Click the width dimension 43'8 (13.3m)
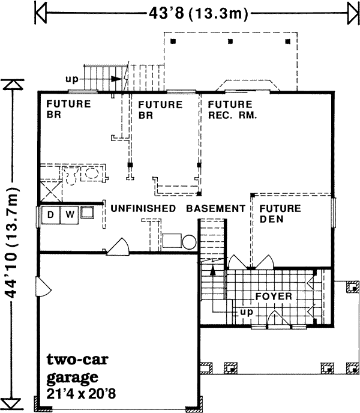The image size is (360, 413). click(195, 13)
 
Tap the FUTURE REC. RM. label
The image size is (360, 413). click(232, 109)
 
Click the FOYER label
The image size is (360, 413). click(274, 297)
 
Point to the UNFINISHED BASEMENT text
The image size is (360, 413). click(176, 208)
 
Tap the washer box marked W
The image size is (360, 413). click(70, 214)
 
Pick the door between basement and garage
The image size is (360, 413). click(118, 247)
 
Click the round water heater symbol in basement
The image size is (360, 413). click(189, 242)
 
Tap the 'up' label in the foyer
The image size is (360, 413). click(246, 313)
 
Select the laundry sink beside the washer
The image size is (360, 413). click(88, 213)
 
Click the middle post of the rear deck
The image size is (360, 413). click(230, 41)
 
